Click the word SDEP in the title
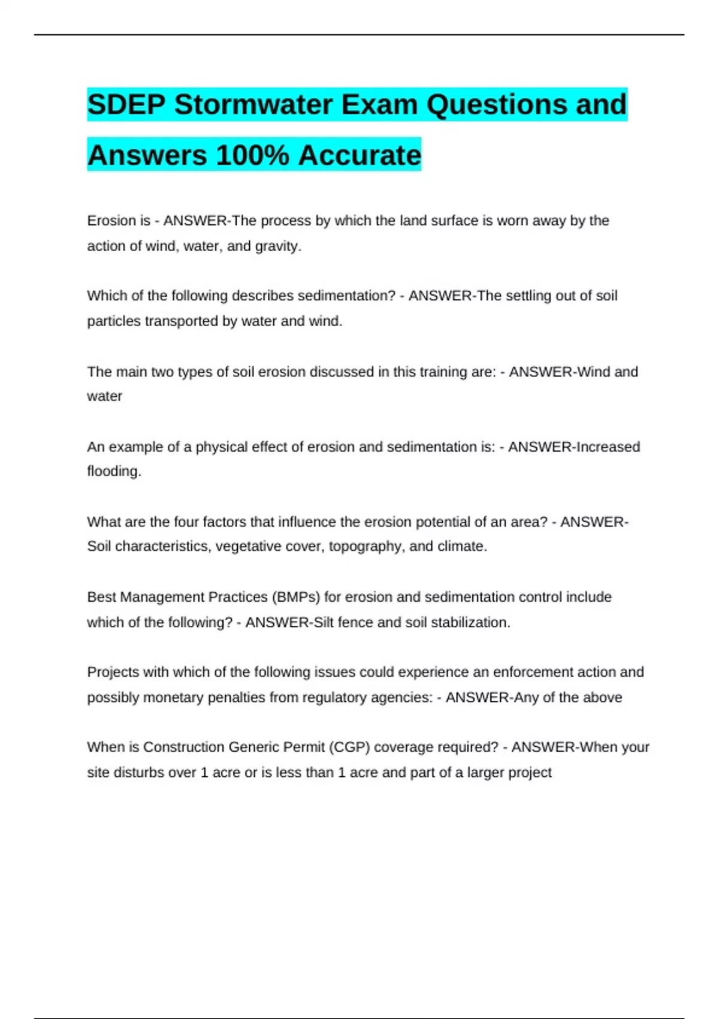pyautogui.click(x=126, y=105)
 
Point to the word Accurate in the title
pyautogui.click(x=359, y=155)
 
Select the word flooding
pyautogui.click(x=113, y=471)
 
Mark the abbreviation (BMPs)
pyautogui.click(x=296, y=597)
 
